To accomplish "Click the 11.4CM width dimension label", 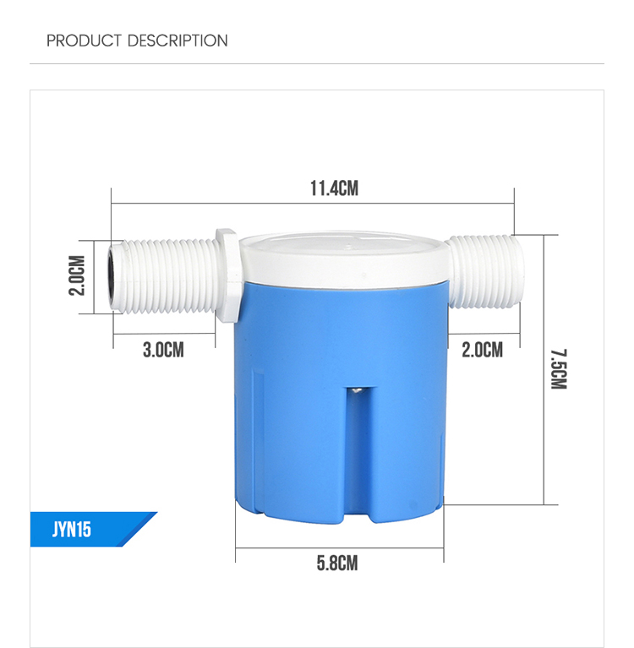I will [x=333, y=188].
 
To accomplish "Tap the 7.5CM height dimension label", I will [x=557, y=368].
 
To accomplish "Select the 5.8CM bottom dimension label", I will [x=337, y=563].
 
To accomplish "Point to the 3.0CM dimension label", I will [x=163, y=349].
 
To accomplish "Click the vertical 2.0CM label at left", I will [x=78, y=275].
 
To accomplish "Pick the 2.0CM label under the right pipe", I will [x=482, y=349].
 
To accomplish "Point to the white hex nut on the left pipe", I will [x=227, y=276].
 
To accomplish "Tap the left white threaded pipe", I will [x=165, y=276].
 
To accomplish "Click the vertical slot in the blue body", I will [x=356, y=448].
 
